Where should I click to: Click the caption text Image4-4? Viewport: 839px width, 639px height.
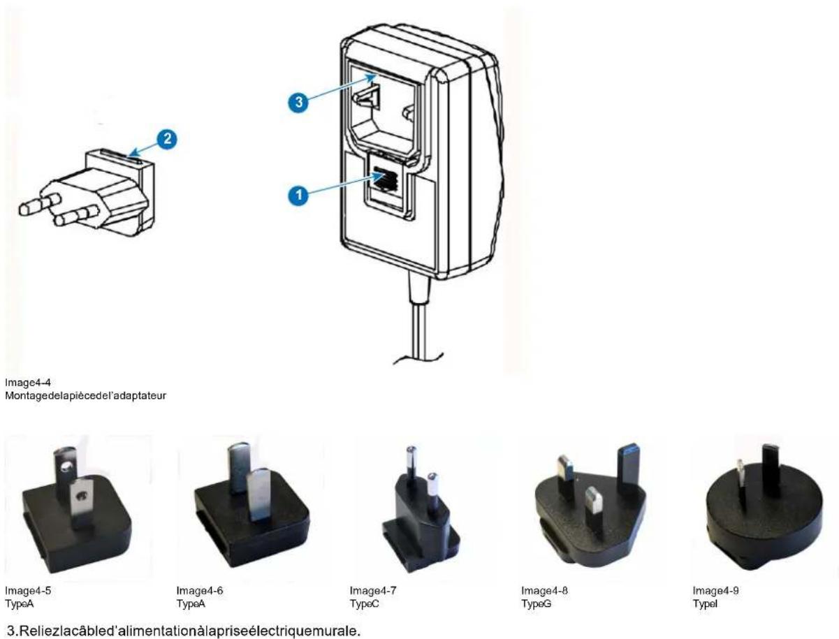[22, 382]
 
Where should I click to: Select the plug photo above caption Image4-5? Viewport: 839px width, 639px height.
[76, 508]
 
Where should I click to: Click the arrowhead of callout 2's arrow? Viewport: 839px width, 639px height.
[132, 151]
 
